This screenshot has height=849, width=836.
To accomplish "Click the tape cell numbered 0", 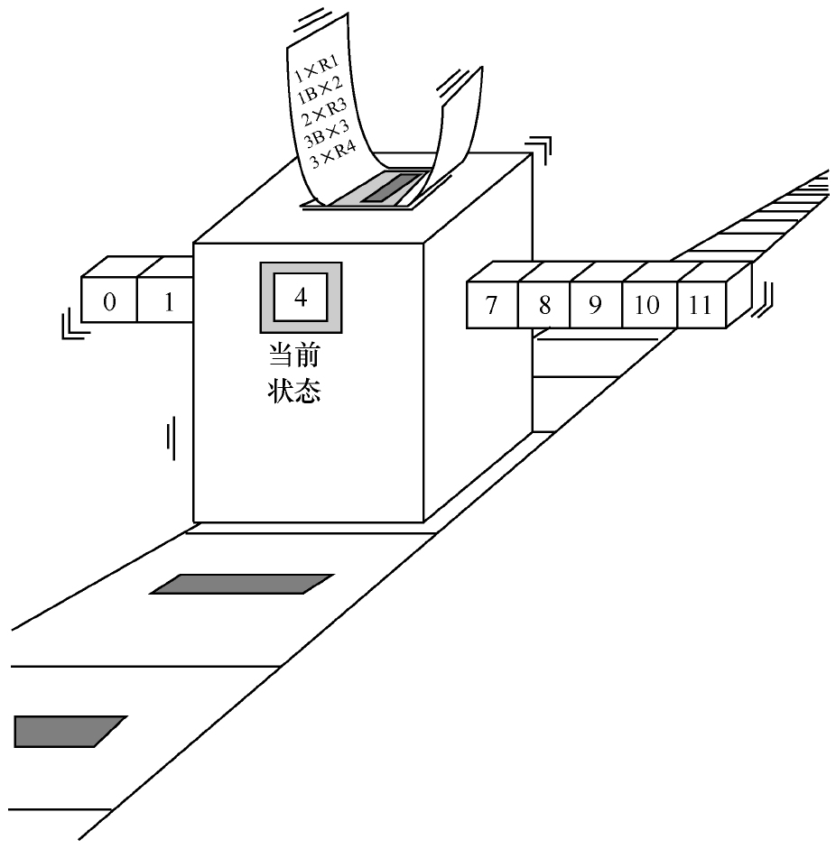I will tap(109, 300).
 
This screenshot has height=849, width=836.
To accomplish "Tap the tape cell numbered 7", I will tap(492, 305).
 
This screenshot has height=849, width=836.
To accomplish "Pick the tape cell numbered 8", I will tap(543, 305).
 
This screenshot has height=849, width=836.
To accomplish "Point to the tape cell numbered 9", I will tap(595, 305).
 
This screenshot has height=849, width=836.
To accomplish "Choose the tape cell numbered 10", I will tap(647, 305).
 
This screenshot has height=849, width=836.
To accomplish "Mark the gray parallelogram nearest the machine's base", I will tap(241, 584).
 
